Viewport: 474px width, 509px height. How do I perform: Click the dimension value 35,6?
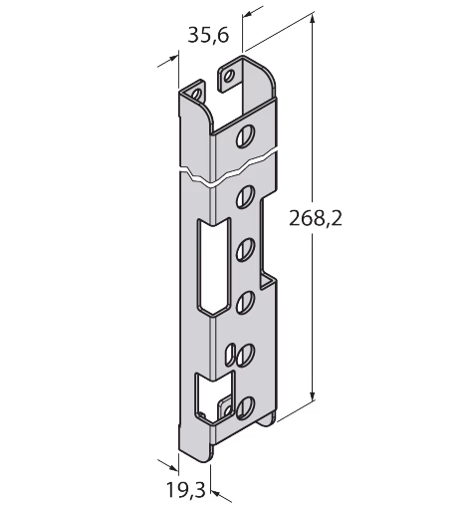click(x=208, y=35)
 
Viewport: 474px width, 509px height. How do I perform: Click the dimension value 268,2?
click(x=316, y=218)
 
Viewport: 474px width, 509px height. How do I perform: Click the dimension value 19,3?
click(x=185, y=490)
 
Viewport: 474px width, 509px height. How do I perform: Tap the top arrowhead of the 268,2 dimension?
click(x=312, y=19)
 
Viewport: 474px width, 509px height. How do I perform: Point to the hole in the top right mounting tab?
click(x=228, y=77)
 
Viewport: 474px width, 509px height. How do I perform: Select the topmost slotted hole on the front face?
click(x=246, y=136)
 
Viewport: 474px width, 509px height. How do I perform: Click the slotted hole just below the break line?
click(x=246, y=197)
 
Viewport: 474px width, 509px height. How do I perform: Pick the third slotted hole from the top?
click(x=246, y=249)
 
